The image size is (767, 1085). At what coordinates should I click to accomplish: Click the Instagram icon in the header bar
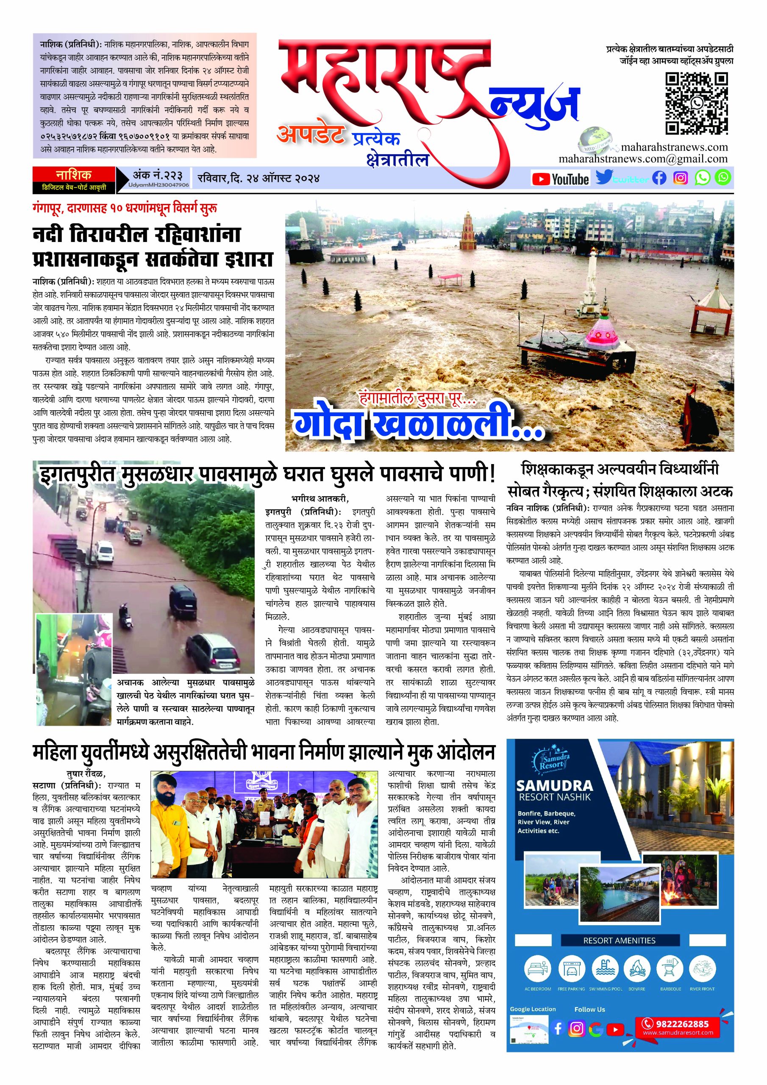[x=681, y=178]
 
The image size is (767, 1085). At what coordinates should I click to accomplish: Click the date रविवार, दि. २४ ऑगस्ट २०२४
[x=259, y=178]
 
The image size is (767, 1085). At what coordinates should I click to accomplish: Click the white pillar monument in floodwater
[x=589, y=284]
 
